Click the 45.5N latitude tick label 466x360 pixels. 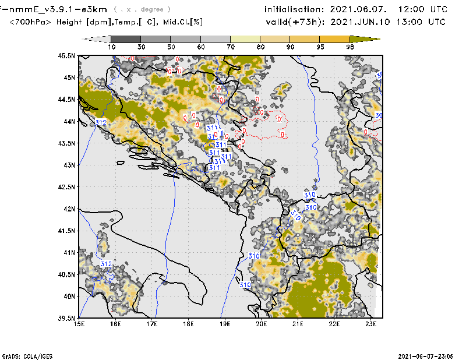pyautogui.click(x=68, y=56)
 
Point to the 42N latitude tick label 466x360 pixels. pyautogui.click(x=70, y=209)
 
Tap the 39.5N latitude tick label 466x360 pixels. pyautogui.click(x=68, y=318)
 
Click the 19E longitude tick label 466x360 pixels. pyautogui.click(x=225, y=324)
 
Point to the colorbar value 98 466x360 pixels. pyautogui.click(x=350, y=47)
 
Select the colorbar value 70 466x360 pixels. pyautogui.click(x=231, y=47)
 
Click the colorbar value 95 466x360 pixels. pyautogui.click(x=320, y=47)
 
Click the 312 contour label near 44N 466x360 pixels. pyautogui.click(x=100, y=122)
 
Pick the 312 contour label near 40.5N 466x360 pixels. pyautogui.click(x=106, y=264)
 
